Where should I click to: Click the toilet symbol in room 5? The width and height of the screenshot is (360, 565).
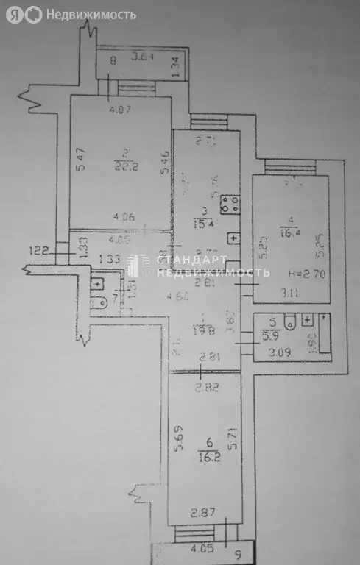(x=291, y=321)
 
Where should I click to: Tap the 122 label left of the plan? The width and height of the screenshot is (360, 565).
(x=40, y=251)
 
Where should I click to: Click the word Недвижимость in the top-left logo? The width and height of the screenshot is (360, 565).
(x=91, y=14)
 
